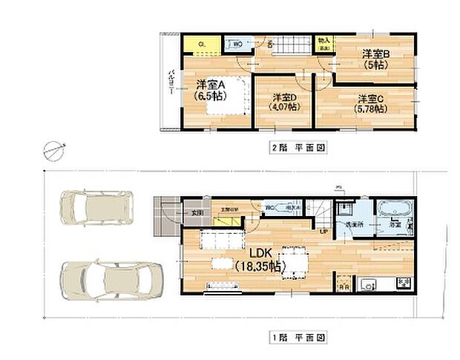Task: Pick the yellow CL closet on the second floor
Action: [x=202, y=44]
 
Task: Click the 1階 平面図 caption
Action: [x=297, y=336]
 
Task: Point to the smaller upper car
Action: [x=96, y=207]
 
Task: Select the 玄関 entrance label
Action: [x=197, y=213]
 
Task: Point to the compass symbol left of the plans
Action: [x=54, y=151]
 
